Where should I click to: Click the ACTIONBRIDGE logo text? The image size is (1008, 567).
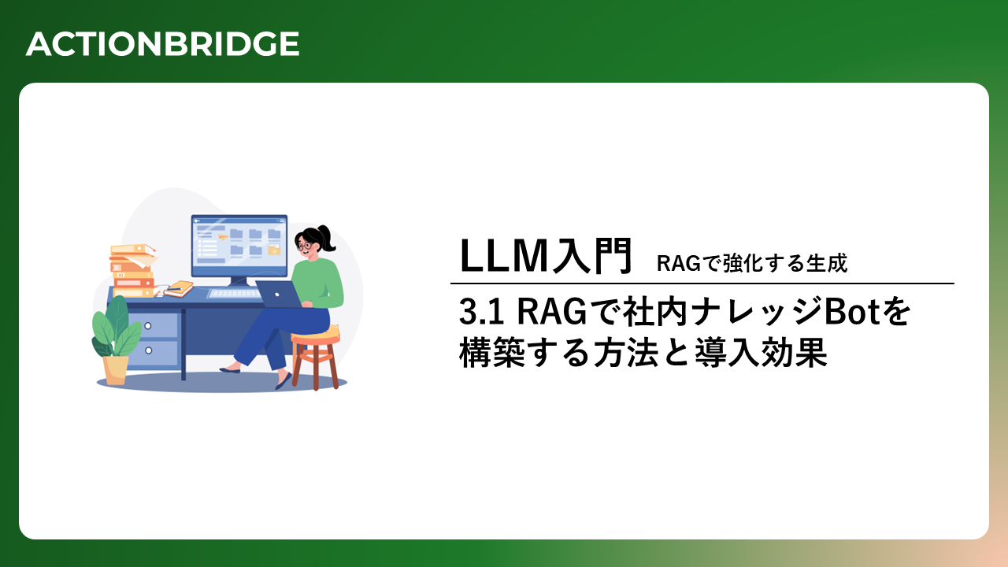tap(162, 44)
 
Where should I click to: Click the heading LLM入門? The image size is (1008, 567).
tap(546, 256)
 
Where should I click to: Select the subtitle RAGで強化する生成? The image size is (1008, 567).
tap(752, 263)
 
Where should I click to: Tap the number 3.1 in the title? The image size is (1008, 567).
tap(481, 311)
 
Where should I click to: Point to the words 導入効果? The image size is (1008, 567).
tap(761, 352)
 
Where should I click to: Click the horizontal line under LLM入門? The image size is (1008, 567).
tap(702, 283)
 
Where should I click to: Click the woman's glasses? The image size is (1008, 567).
tap(305, 246)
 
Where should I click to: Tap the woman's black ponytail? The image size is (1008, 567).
tap(326, 238)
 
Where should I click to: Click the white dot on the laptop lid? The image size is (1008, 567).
tap(277, 295)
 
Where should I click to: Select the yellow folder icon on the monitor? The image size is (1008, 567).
tap(274, 250)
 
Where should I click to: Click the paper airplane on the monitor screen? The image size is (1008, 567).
tap(222, 236)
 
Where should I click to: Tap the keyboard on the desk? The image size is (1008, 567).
tap(234, 294)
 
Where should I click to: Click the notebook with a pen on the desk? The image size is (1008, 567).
tap(179, 288)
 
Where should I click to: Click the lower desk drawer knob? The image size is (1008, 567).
tap(149, 350)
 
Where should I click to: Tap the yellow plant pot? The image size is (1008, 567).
tap(115, 370)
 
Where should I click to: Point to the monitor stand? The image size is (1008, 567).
tap(239, 282)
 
